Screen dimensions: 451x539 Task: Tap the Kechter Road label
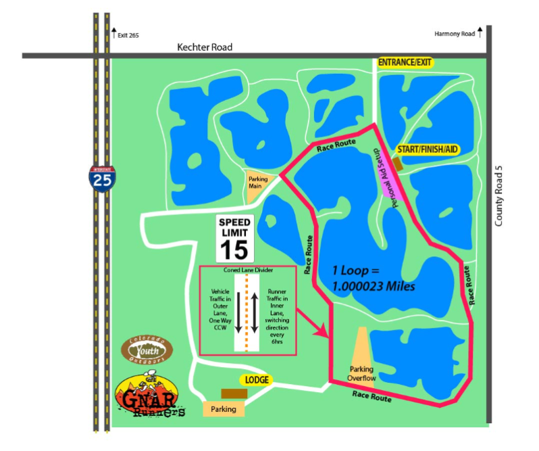pyautogui.click(x=204, y=47)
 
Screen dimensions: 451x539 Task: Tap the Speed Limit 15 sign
pyautogui.click(x=234, y=239)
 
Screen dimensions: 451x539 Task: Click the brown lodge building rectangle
pyautogui.click(x=234, y=394)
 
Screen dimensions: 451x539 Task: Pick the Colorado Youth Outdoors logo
pyautogui.click(x=147, y=350)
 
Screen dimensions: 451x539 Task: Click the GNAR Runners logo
pyautogui.click(x=150, y=399)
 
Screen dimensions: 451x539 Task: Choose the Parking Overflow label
pyautogui.click(x=361, y=373)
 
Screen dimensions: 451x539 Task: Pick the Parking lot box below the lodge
pyautogui.click(x=224, y=409)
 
